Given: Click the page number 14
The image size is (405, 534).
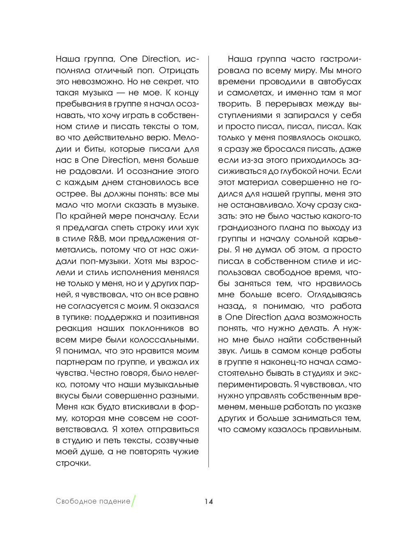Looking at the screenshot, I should [209, 501].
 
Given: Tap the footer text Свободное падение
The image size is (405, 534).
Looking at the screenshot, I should [93, 501].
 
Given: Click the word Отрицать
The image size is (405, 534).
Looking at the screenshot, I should [179, 70].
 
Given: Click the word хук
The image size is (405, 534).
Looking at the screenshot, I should [192, 227].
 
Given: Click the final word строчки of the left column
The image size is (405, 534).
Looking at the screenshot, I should [72, 463].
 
